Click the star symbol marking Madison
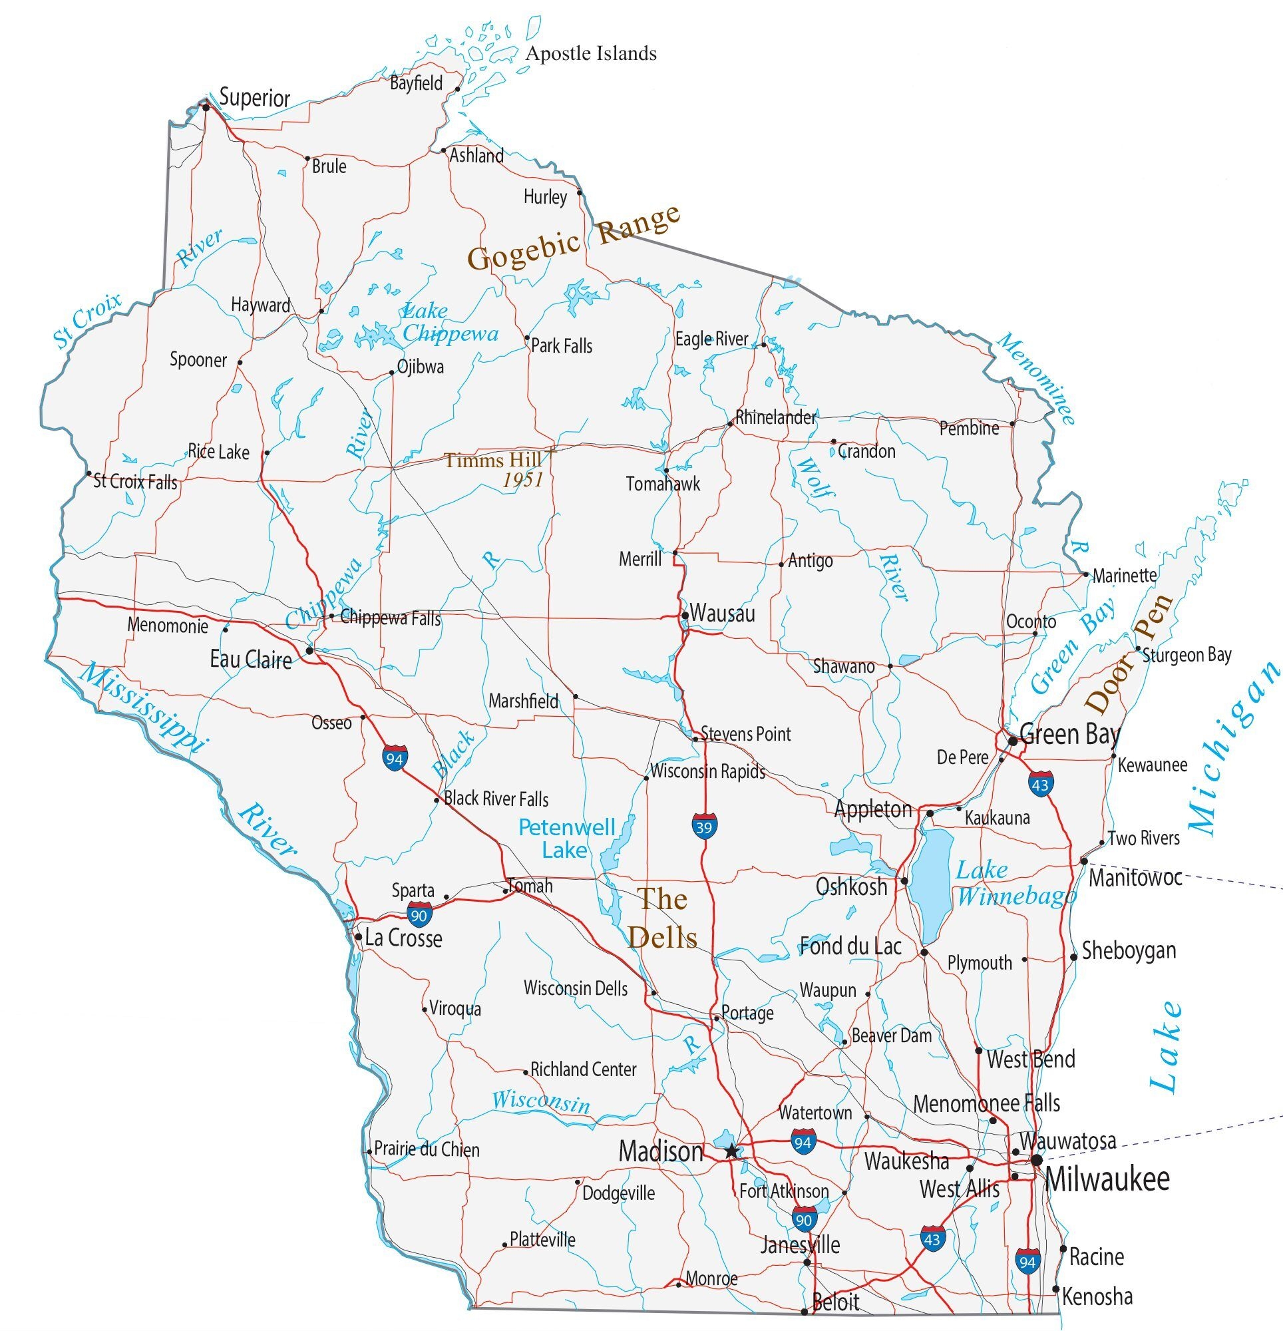(731, 1151)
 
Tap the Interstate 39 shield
(703, 827)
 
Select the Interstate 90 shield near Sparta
(420, 914)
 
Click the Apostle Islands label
(591, 53)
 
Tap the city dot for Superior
(206, 106)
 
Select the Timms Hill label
(493, 461)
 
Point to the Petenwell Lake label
(566, 838)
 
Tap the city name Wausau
(723, 613)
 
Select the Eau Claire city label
(251, 659)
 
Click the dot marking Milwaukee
(1037, 1161)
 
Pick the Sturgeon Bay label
(1187, 655)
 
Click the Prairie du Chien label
(427, 1150)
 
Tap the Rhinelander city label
(776, 417)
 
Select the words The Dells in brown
(662, 918)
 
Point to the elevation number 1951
(523, 480)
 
